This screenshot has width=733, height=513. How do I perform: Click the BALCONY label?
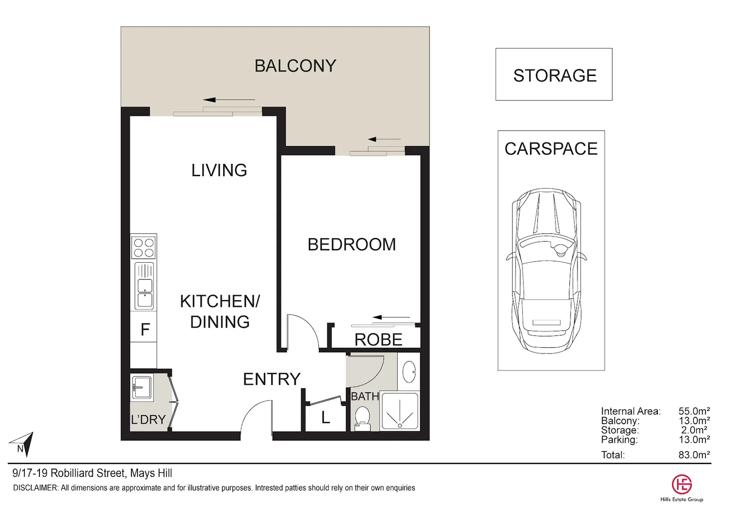pos(295,66)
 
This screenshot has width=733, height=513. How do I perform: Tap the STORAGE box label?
pos(555,76)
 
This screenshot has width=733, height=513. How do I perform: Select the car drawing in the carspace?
pos(546,271)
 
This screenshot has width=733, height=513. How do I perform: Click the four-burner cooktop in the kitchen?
pos(144,247)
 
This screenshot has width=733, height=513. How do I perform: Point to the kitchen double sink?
pos(145,286)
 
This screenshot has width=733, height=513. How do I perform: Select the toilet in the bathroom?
pos(363,418)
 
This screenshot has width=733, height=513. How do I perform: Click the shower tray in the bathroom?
pos(400,411)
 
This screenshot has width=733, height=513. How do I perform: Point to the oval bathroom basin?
pos(409,371)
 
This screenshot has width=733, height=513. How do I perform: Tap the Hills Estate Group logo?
pos(681,485)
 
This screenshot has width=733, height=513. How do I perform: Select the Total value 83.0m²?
pos(694,455)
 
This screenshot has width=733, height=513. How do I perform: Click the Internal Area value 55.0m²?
pos(694,411)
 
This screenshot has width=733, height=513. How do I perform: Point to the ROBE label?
pos(378,340)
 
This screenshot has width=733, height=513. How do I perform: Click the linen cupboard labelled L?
pos(325,418)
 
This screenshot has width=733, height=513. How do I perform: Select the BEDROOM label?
pos(352,245)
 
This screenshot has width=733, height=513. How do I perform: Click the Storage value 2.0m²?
pos(694,430)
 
